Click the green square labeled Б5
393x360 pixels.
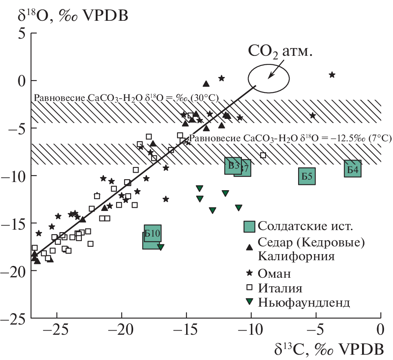(307, 176)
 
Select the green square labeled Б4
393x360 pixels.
(353, 169)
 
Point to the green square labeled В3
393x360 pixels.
(233, 165)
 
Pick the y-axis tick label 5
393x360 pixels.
(22, 33)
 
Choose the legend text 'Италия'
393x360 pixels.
(280, 288)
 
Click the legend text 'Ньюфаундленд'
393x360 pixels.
(303, 303)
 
